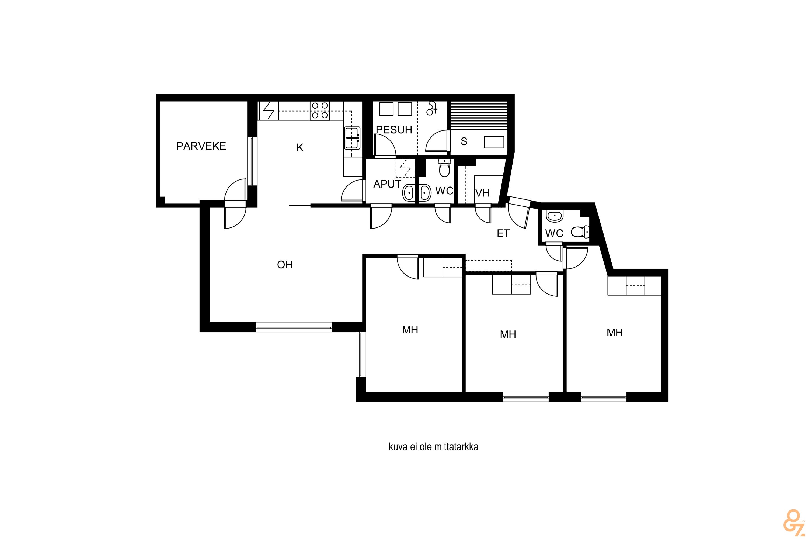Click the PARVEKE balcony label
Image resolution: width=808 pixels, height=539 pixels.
click(201, 146)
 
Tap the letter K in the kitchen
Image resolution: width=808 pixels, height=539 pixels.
click(300, 147)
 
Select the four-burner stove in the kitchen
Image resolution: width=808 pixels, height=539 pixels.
click(319, 111)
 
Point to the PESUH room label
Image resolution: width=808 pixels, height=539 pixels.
click(394, 130)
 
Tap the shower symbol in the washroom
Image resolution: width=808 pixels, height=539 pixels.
click(432, 108)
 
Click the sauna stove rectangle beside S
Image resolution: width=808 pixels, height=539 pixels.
click(494, 142)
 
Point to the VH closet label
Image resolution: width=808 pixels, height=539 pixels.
click(482, 193)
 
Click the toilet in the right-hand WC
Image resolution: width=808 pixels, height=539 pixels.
click(580, 232)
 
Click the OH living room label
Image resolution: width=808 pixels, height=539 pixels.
click(285, 265)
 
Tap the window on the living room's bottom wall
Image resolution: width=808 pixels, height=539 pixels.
click(294, 327)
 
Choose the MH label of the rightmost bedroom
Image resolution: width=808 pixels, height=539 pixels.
click(615, 333)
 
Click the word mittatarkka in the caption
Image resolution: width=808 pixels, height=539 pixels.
click(456, 447)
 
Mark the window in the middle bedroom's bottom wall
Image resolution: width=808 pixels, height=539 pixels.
click(526, 397)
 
